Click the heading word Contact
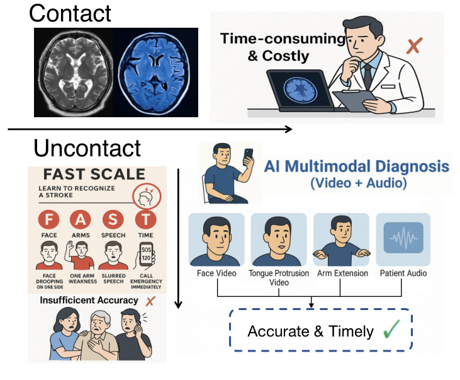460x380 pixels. pyautogui.click(x=70, y=13)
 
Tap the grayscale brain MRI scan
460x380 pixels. pyautogui.click(x=74, y=72)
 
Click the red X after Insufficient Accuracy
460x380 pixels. pyautogui.click(x=150, y=301)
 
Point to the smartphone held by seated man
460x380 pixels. pyautogui.click(x=249, y=156)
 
